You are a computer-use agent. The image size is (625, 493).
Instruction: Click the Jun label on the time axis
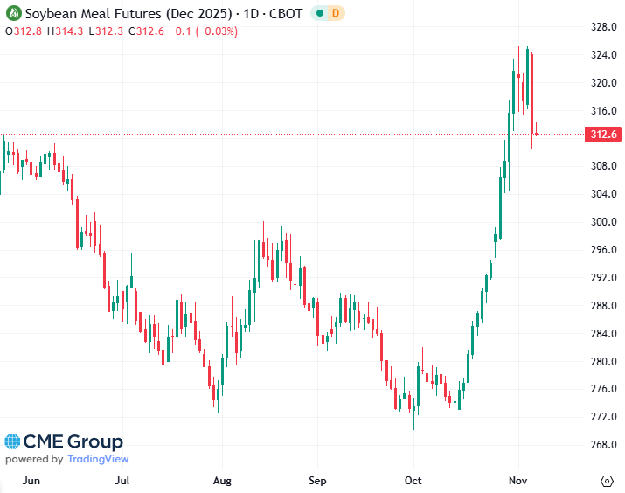click(x=31, y=481)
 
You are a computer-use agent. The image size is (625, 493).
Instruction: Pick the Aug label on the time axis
click(x=222, y=481)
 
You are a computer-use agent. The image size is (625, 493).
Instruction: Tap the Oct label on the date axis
click(x=413, y=481)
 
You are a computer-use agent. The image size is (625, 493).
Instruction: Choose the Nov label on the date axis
click(x=519, y=481)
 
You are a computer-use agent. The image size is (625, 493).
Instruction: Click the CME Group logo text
click(x=73, y=442)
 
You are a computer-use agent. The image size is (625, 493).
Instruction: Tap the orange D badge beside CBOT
click(x=336, y=14)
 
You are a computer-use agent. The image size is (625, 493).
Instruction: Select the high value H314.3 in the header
click(x=66, y=31)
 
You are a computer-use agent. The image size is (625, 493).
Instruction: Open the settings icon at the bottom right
click(x=607, y=481)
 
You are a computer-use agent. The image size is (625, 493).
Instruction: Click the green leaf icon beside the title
click(x=12, y=14)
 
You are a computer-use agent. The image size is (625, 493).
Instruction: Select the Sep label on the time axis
click(x=318, y=481)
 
